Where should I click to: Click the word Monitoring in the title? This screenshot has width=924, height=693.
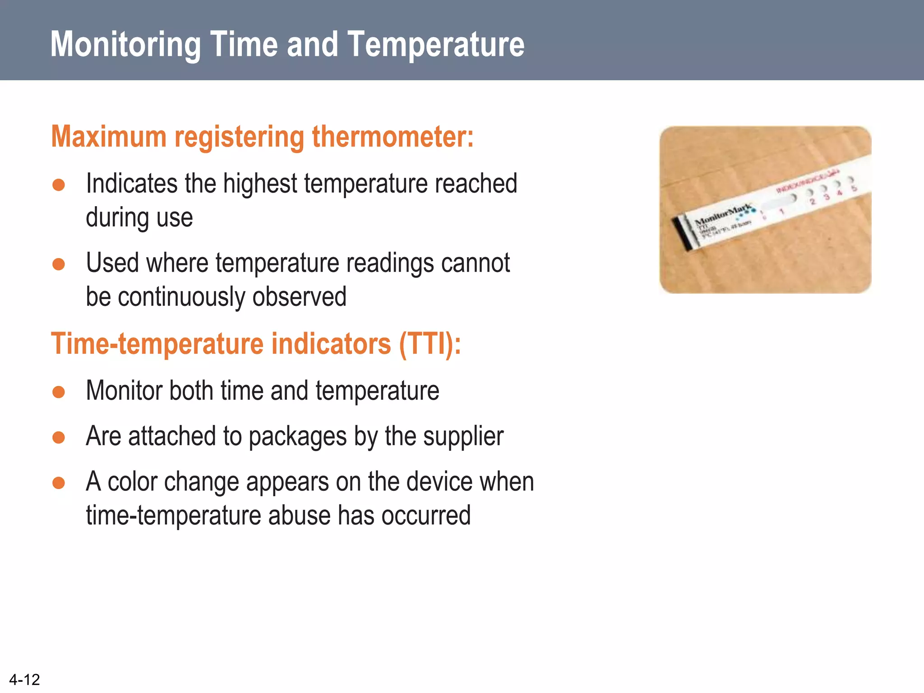click(125, 45)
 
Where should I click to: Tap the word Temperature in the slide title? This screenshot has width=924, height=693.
click(436, 45)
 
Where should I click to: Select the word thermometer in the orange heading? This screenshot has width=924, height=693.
click(393, 137)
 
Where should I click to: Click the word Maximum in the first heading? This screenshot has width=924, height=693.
click(109, 137)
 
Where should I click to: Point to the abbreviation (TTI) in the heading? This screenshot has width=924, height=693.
click(429, 344)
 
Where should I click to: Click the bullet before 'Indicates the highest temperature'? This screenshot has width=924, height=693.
click(59, 185)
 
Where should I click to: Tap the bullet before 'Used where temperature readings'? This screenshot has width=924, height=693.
click(59, 264)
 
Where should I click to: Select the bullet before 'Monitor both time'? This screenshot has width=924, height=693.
click(59, 392)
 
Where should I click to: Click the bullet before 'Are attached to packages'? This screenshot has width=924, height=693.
click(59, 437)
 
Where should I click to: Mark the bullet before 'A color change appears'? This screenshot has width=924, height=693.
click(59, 483)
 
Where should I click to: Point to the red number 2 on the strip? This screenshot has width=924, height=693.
click(813, 202)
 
